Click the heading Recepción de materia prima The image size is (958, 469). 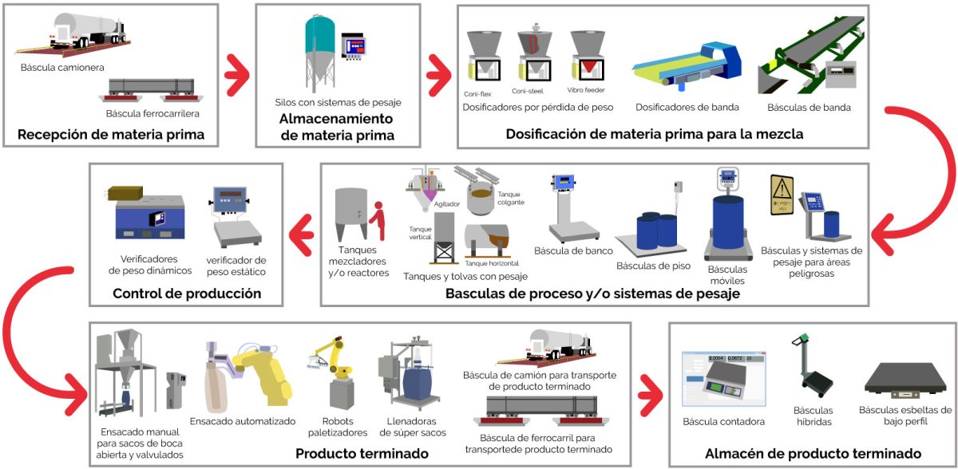click(110, 134)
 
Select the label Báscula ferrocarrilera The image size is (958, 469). click(152, 113)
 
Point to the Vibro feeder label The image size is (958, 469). click(586, 90)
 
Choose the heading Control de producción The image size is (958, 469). click(187, 294)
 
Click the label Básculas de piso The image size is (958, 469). click(648, 265)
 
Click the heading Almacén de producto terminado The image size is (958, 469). click(813, 454)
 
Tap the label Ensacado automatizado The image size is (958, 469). click(243, 421)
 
